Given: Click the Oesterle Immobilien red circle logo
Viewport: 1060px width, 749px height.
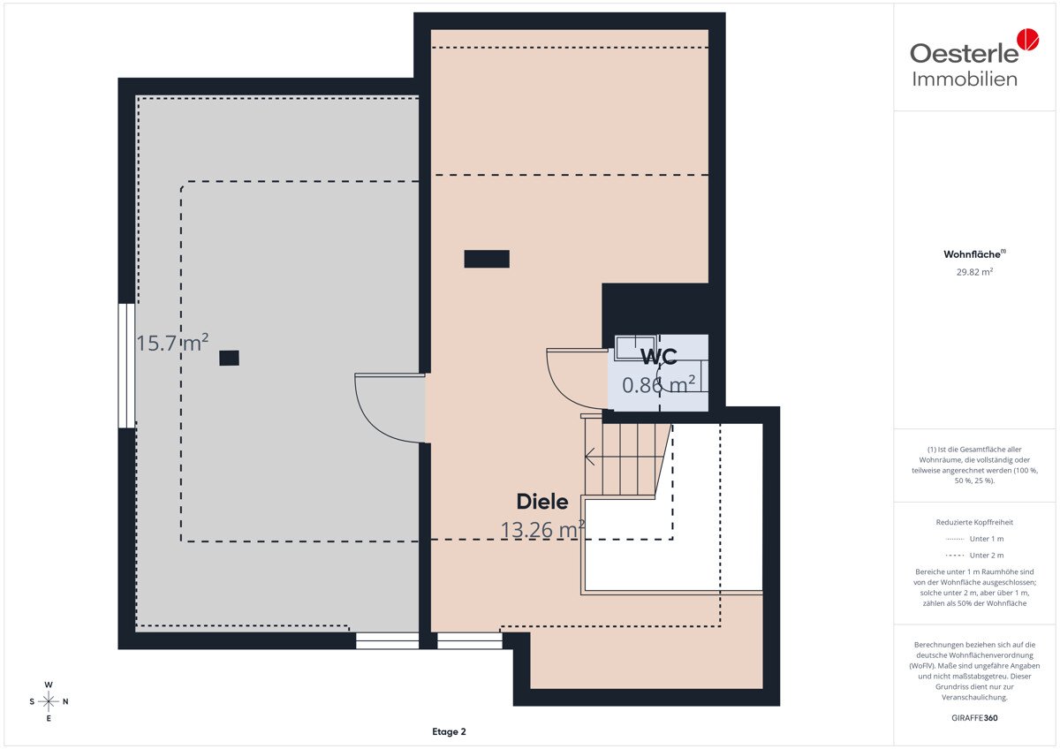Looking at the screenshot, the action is click(1028, 39).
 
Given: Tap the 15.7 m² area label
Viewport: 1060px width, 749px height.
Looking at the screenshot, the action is click(172, 343).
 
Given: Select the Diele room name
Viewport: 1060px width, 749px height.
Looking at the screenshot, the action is click(542, 502).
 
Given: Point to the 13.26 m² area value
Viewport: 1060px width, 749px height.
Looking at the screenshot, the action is click(542, 529).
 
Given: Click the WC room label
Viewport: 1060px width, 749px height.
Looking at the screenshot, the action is click(659, 357).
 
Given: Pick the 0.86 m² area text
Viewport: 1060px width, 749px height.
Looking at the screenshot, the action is click(659, 384).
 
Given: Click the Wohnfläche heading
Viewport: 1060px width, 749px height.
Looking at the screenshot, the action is click(974, 254).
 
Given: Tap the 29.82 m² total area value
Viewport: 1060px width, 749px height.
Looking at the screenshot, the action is click(974, 271).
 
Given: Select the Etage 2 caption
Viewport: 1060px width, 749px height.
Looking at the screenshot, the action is click(449, 731).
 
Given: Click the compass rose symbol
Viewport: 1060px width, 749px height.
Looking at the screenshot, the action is click(49, 701).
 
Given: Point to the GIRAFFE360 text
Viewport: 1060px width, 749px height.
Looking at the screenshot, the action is click(974, 718).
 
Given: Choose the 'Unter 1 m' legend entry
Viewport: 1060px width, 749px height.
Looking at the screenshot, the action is click(975, 539).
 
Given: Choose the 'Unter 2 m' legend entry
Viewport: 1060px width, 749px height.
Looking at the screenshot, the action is click(975, 555).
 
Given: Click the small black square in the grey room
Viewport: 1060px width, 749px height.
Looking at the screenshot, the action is click(229, 358).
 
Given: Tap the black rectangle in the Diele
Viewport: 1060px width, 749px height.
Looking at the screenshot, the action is click(487, 259).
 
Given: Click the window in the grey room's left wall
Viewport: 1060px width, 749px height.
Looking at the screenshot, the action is click(127, 366).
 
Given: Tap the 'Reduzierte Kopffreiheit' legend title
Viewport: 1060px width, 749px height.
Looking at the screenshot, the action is click(974, 522).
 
